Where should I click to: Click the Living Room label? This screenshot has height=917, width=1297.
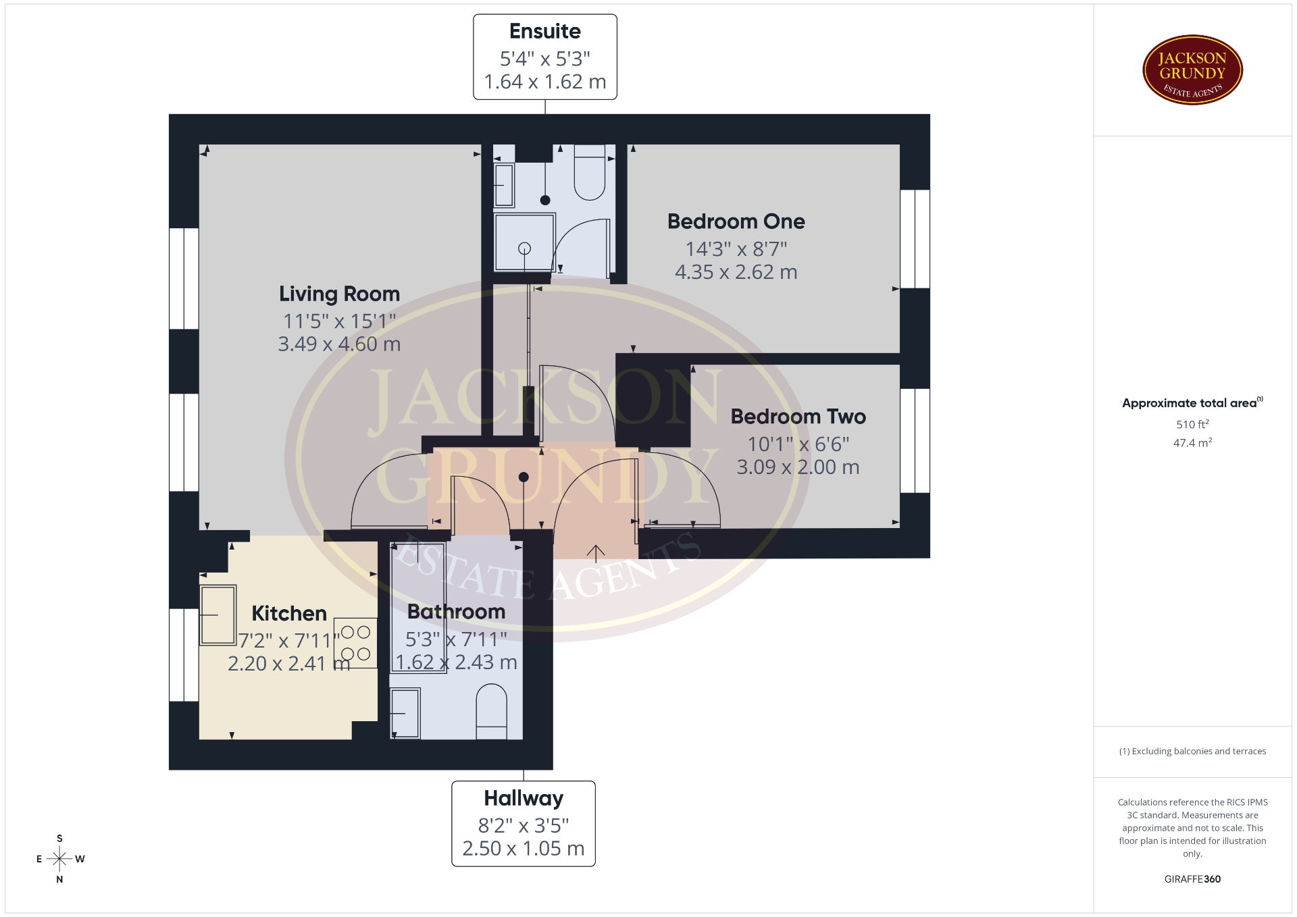339,294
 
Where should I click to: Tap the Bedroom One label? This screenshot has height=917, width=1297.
736,221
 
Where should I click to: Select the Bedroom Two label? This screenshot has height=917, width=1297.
798,417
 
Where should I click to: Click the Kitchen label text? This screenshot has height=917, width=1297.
289,613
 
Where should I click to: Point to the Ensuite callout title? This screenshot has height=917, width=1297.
544,31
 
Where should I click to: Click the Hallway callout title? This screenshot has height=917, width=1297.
524,798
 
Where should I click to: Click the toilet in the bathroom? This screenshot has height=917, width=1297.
492,712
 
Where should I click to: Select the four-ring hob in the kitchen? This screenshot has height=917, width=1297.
355,643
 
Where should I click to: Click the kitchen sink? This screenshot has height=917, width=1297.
218,614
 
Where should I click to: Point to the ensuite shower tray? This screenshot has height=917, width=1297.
524,242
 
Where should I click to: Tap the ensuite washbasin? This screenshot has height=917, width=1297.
504,185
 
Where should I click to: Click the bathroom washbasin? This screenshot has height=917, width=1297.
405,713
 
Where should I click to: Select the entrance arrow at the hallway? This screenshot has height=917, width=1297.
595,553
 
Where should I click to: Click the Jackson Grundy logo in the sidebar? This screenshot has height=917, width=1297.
1192,70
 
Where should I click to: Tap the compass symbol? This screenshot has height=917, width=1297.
59,859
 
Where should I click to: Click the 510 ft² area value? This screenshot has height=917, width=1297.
1192,424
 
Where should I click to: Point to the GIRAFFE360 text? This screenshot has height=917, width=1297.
1192,879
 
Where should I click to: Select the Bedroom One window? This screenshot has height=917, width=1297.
915,239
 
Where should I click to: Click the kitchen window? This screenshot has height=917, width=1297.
184,655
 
